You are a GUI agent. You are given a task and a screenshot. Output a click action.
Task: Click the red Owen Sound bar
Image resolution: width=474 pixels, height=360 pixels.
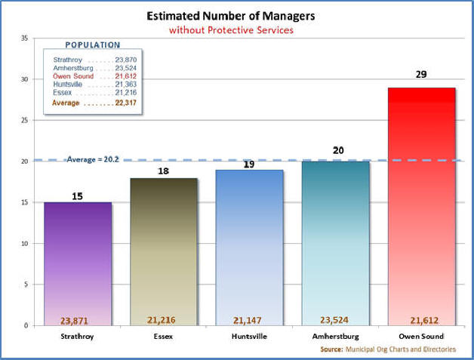coord(422,204)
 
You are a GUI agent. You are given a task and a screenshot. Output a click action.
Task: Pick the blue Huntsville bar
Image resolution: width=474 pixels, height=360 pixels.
coord(249,245)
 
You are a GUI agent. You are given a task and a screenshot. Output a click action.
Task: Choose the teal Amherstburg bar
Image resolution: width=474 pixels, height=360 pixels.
coord(335,242)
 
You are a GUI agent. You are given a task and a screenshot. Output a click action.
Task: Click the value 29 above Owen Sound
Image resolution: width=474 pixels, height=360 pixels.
coord(422,75)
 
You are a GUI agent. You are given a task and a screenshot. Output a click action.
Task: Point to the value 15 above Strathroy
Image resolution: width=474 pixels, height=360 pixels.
coord(77,196)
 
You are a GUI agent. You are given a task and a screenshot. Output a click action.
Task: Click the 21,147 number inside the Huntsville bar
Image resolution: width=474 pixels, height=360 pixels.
coord(249,320)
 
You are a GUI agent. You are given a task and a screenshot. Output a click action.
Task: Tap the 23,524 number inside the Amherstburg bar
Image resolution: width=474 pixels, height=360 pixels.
coord(335,320)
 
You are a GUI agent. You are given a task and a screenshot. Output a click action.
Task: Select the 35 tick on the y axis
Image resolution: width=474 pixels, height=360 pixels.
coord(25,38)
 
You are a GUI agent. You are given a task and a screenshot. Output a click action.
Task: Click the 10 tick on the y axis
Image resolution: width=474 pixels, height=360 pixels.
coord(25,244)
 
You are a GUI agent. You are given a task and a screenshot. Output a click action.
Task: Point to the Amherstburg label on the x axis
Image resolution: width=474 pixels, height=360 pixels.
coord(335,336)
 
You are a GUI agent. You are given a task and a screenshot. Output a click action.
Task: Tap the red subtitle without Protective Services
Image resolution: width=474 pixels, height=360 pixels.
coord(231,30)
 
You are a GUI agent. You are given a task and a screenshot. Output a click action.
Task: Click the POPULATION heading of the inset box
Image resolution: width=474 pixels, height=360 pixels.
coord(93,45)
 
